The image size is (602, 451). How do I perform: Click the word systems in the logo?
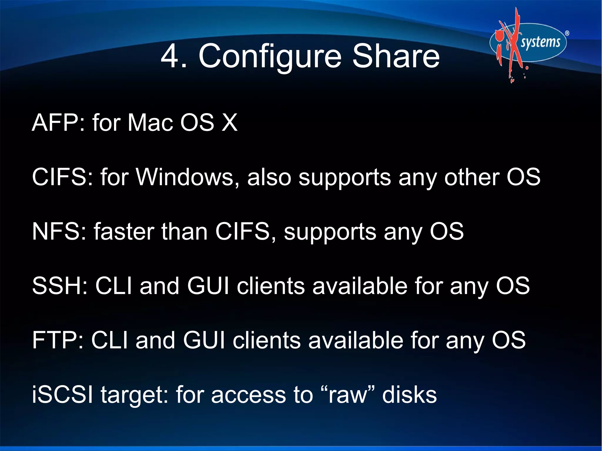[540, 42]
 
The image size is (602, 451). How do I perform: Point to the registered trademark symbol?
[567, 33]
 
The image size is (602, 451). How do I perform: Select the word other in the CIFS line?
[471, 177]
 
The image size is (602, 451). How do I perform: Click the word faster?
[124, 232]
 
